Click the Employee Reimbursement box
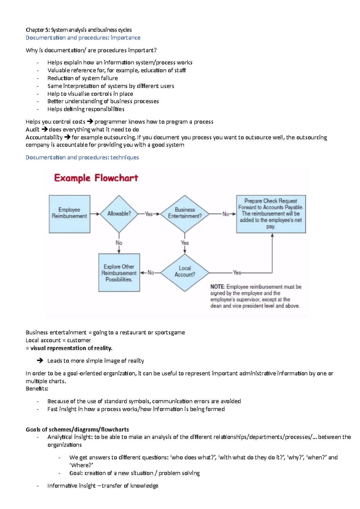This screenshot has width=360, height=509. pos(69,214)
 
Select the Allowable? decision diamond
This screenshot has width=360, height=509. pos(119,214)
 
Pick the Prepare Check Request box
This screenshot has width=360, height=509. pos(271,214)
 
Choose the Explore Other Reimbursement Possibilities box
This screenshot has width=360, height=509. pos(119,273)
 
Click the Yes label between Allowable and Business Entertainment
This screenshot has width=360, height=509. pos(148,214)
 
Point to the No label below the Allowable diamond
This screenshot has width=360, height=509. pos(119,243)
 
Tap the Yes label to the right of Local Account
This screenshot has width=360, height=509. pos(237,273)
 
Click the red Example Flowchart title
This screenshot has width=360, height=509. pos(96,178)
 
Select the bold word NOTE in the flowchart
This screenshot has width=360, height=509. pos(217,287)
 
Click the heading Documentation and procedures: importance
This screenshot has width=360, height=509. pos(83,38)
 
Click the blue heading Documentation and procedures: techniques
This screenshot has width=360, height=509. pos(82,157)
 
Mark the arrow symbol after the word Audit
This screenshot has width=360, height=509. pos(44,129)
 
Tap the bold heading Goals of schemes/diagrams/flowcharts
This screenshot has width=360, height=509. pos(77,429)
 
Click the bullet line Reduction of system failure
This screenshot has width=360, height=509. pos(82,78)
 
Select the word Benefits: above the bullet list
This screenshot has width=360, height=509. pos(37,389)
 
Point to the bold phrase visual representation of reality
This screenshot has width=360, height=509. pos(71,348)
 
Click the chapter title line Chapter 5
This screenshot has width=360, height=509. pos(79,30)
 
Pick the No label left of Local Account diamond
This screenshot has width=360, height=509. pos(151,273)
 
